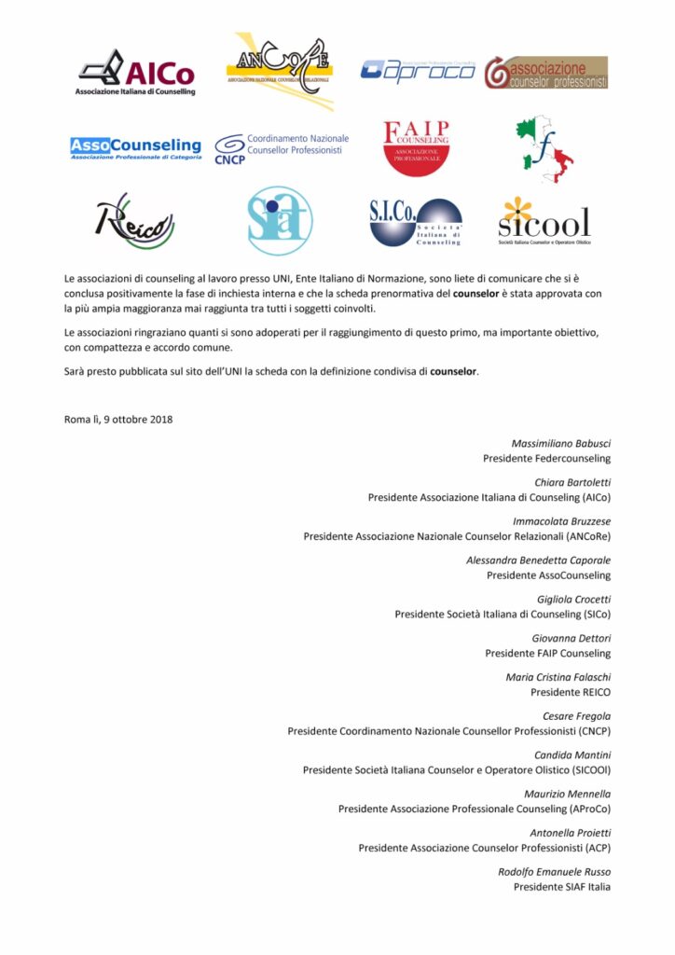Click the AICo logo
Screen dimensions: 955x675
[x=136, y=73]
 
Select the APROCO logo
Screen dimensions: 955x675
[x=417, y=71]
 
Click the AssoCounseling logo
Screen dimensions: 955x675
[x=135, y=147]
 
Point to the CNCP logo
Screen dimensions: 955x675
[x=280, y=145]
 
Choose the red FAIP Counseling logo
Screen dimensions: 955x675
[x=417, y=146]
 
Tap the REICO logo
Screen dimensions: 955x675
[x=135, y=222]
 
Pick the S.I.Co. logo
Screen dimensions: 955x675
[x=416, y=222]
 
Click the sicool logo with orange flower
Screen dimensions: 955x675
[x=544, y=221]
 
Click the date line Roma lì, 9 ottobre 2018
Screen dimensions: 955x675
[x=118, y=419]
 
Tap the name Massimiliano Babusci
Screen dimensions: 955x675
[x=560, y=443]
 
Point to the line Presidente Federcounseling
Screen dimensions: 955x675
[x=546, y=458]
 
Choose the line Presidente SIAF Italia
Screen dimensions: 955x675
[x=561, y=886]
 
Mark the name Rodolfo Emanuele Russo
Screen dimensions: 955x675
[x=554, y=871]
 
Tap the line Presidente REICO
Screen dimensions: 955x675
[x=570, y=692]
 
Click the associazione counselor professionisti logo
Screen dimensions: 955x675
[x=545, y=72]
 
